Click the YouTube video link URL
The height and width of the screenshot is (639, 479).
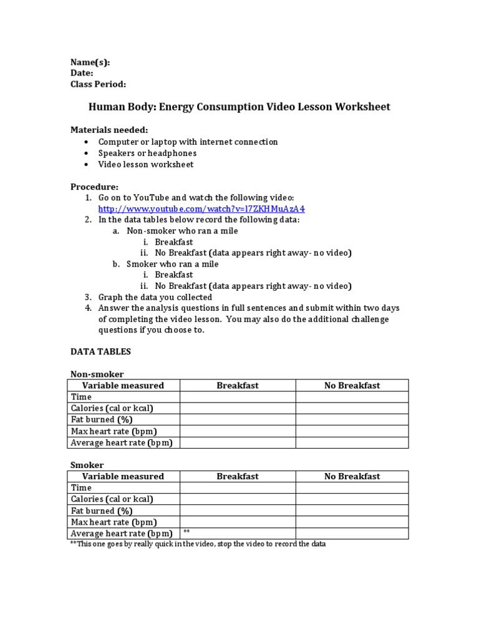[x=201, y=209]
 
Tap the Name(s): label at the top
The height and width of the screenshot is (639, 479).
[x=90, y=62]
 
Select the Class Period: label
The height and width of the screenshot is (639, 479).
[x=98, y=84]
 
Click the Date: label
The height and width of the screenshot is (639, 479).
[x=82, y=73]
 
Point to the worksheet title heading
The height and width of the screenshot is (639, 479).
[x=239, y=107]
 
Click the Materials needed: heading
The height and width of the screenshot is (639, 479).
[x=109, y=130]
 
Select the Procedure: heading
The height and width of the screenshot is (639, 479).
[x=94, y=187]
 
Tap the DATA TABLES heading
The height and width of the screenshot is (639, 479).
[x=100, y=351]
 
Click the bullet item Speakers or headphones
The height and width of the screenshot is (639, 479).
[x=147, y=153]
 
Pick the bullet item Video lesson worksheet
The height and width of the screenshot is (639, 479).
[x=146, y=164]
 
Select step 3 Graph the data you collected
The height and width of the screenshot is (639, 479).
[x=155, y=297]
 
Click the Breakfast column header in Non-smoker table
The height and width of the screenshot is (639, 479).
[x=238, y=386]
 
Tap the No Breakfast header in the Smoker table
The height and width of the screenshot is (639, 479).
[x=352, y=476]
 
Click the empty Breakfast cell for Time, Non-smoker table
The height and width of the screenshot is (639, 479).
[x=238, y=397]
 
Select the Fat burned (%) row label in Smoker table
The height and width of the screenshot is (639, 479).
[x=102, y=510]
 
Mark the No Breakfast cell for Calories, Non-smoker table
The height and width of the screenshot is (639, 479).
[x=352, y=408]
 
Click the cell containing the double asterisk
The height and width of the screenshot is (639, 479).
[x=238, y=533]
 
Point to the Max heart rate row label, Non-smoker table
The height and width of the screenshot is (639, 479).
[x=114, y=431]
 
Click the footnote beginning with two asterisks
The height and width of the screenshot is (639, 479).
[x=198, y=544]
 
